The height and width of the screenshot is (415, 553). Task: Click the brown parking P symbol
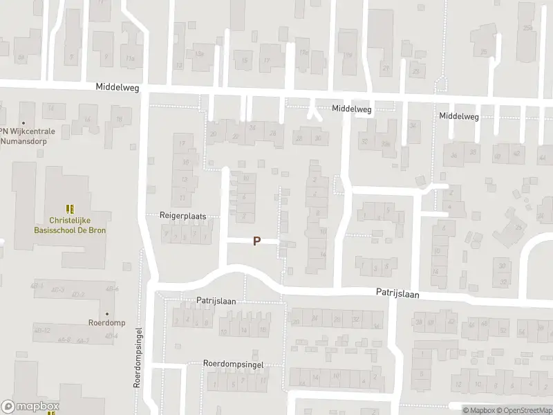click(x=257, y=241)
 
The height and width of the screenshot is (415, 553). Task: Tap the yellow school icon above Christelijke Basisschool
click(x=69, y=208)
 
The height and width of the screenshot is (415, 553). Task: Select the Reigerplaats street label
click(x=183, y=216)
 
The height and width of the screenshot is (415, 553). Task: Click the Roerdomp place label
click(x=106, y=322)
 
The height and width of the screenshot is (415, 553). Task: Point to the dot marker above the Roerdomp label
click(x=106, y=313)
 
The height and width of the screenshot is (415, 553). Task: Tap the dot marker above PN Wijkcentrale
click(x=23, y=122)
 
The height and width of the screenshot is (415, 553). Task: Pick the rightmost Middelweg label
click(x=459, y=116)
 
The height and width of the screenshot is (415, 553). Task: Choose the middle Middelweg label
click(x=351, y=109)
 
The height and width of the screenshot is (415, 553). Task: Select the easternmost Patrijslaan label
click(x=397, y=293)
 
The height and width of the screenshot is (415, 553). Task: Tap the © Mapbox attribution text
click(x=478, y=410)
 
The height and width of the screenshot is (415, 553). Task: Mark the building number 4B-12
click(x=42, y=330)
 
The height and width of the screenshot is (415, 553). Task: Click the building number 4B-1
click(x=37, y=286)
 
